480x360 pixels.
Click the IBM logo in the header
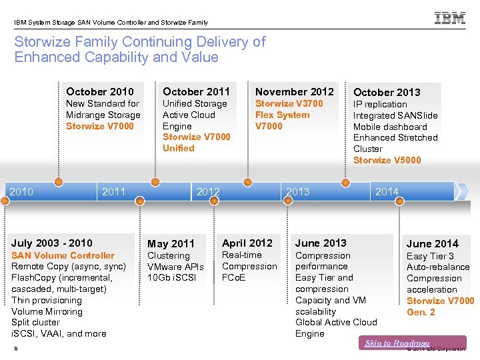[450, 19]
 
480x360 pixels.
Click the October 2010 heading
[100, 92]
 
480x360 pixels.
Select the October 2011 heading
[196, 91]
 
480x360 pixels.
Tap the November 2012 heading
[295, 91]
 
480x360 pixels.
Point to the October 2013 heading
[387, 92]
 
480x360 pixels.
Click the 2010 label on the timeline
[21, 192]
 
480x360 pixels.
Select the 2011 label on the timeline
[113, 192]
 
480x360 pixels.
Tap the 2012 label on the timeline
[208, 192]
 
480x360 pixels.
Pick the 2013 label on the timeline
[297, 192]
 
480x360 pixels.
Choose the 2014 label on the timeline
[387, 192]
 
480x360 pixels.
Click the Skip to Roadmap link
[397, 343]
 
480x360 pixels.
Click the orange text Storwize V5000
[387, 160]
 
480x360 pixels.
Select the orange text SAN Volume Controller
[63, 255]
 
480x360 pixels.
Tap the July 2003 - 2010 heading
[52, 243]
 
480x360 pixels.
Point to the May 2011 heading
[171, 244]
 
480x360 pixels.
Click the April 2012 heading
[247, 243]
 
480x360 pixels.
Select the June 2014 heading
[433, 244]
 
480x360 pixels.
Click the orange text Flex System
[283, 115]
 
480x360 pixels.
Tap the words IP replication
[380, 104]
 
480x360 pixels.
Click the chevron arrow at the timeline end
[461, 191]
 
